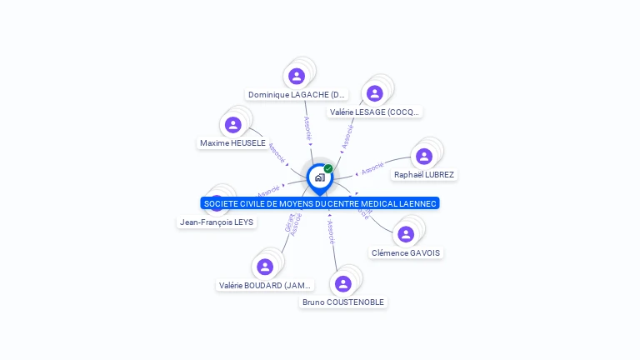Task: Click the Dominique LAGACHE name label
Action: point(297,95)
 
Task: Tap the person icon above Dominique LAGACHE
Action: point(297,76)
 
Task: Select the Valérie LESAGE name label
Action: point(375,112)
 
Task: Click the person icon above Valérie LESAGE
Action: point(375,93)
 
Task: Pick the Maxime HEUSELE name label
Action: point(232,143)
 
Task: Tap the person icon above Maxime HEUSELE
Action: point(233,125)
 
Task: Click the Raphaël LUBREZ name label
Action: point(424,175)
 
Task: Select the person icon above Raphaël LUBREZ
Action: point(424,156)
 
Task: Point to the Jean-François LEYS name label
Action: point(217,222)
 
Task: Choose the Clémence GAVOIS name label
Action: point(406,252)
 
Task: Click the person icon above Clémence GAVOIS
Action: point(406,234)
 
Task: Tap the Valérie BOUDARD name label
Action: point(266,285)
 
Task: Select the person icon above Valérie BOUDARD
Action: point(266,267)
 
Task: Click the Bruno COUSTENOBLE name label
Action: point(343,302)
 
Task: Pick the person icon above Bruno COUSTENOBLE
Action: point(343,283)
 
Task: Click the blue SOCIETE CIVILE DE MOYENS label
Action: point(320,203)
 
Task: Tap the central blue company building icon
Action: point(319,177)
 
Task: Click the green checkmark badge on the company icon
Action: point(328,168)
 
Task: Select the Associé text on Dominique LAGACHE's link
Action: point(307,127)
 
